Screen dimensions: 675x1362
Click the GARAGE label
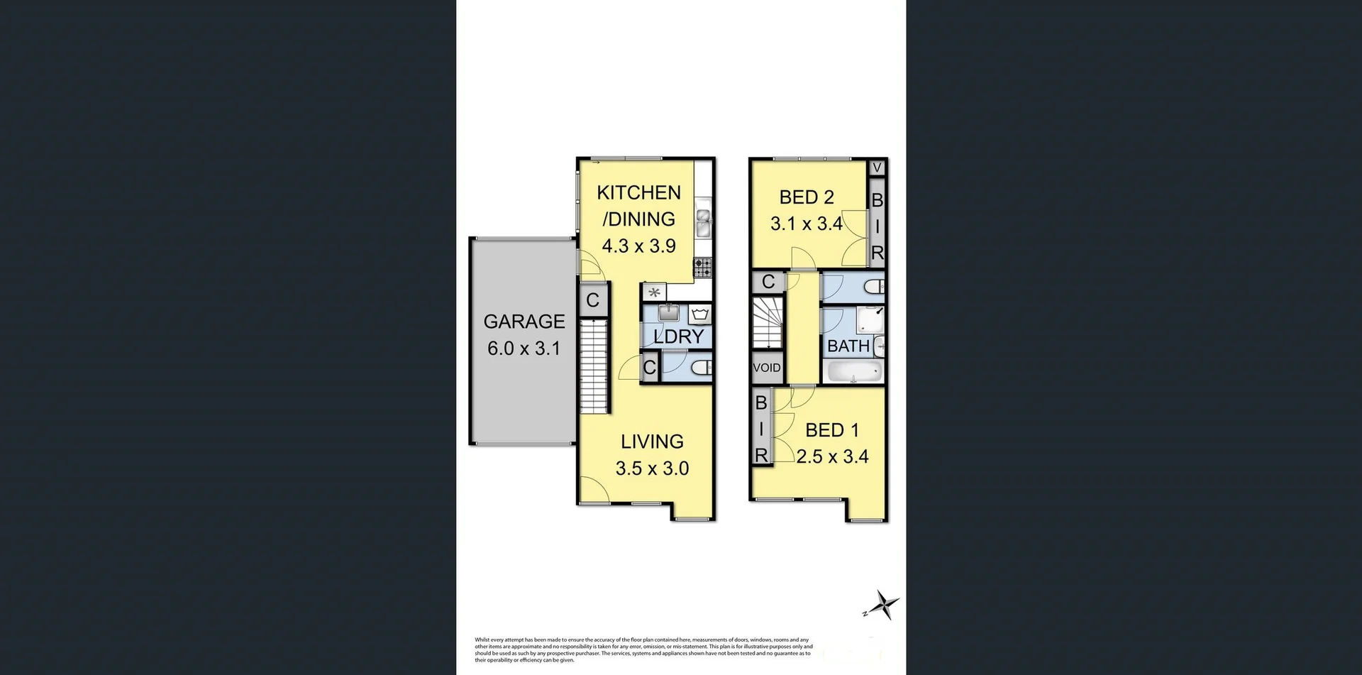tap(524, 322)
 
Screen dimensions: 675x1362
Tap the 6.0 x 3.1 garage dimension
tap(524, 349)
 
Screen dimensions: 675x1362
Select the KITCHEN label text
tap(638, 192)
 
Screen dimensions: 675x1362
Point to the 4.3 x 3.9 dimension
tap(638, 246)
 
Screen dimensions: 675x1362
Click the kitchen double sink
tap(703, 222)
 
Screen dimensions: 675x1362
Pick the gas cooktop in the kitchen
tap(703, 267)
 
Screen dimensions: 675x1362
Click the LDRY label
tap(679, 336)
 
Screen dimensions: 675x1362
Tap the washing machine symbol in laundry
tap(699, 314)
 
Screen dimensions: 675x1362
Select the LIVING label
tap(652, 441)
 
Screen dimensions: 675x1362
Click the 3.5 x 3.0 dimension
tap(652, 468)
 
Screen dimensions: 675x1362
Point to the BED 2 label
tap(807, 197)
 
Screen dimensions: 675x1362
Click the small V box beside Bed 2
tap(877, 168)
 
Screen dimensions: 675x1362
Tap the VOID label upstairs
tap(766, 368)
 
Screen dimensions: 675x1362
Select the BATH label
tap(848, 346)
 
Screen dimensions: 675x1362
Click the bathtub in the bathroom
tap(854, 371)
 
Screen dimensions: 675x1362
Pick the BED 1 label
tap(832, 430)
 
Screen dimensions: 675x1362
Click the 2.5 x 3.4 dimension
tap(832, 457)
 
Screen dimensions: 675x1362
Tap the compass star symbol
tap(884, 606)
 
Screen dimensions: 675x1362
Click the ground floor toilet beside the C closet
tap(701, 368)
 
